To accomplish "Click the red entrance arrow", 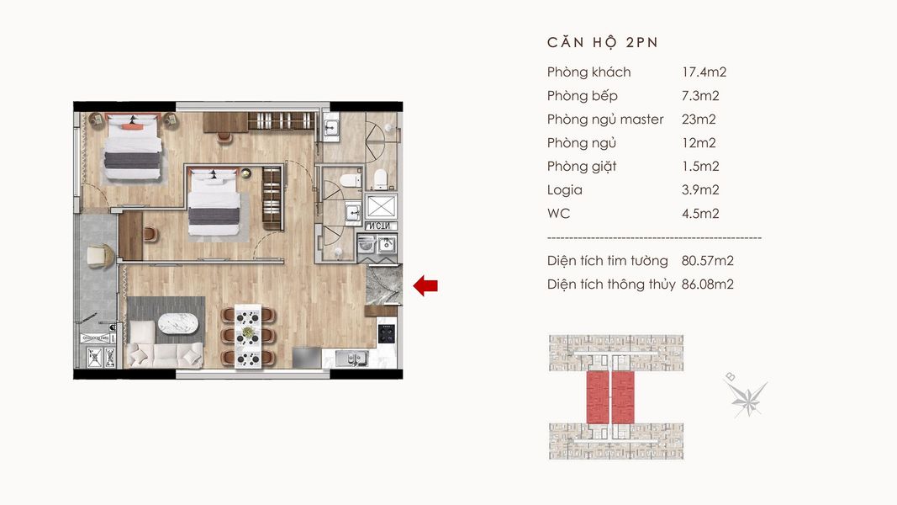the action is (x=425, y=285).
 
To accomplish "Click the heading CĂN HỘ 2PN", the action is (x=603, y=43).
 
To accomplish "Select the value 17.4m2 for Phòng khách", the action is (x=704, y=72).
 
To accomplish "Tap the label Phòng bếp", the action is (x=582, y=96).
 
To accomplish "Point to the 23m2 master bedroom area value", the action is (x=699, y=120).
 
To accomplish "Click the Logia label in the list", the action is (x=565, y=190).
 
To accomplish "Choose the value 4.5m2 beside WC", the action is (x=700, y=214).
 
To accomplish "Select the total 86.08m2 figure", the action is (x=707, y=284).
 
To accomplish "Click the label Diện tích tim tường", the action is (x=607, y=261).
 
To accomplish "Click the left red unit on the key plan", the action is (x=597, y=397).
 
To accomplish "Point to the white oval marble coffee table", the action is (x=181, y=324).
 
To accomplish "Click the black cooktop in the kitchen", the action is (x=386, y=332).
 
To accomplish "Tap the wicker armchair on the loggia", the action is (x=101, y=256).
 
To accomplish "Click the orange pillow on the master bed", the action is (x=133, y=127).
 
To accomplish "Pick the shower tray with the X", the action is (x=381, y=207).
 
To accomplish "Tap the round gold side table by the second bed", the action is (x=246, y=173).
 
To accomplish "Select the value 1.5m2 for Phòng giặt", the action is (x=700, y=167).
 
